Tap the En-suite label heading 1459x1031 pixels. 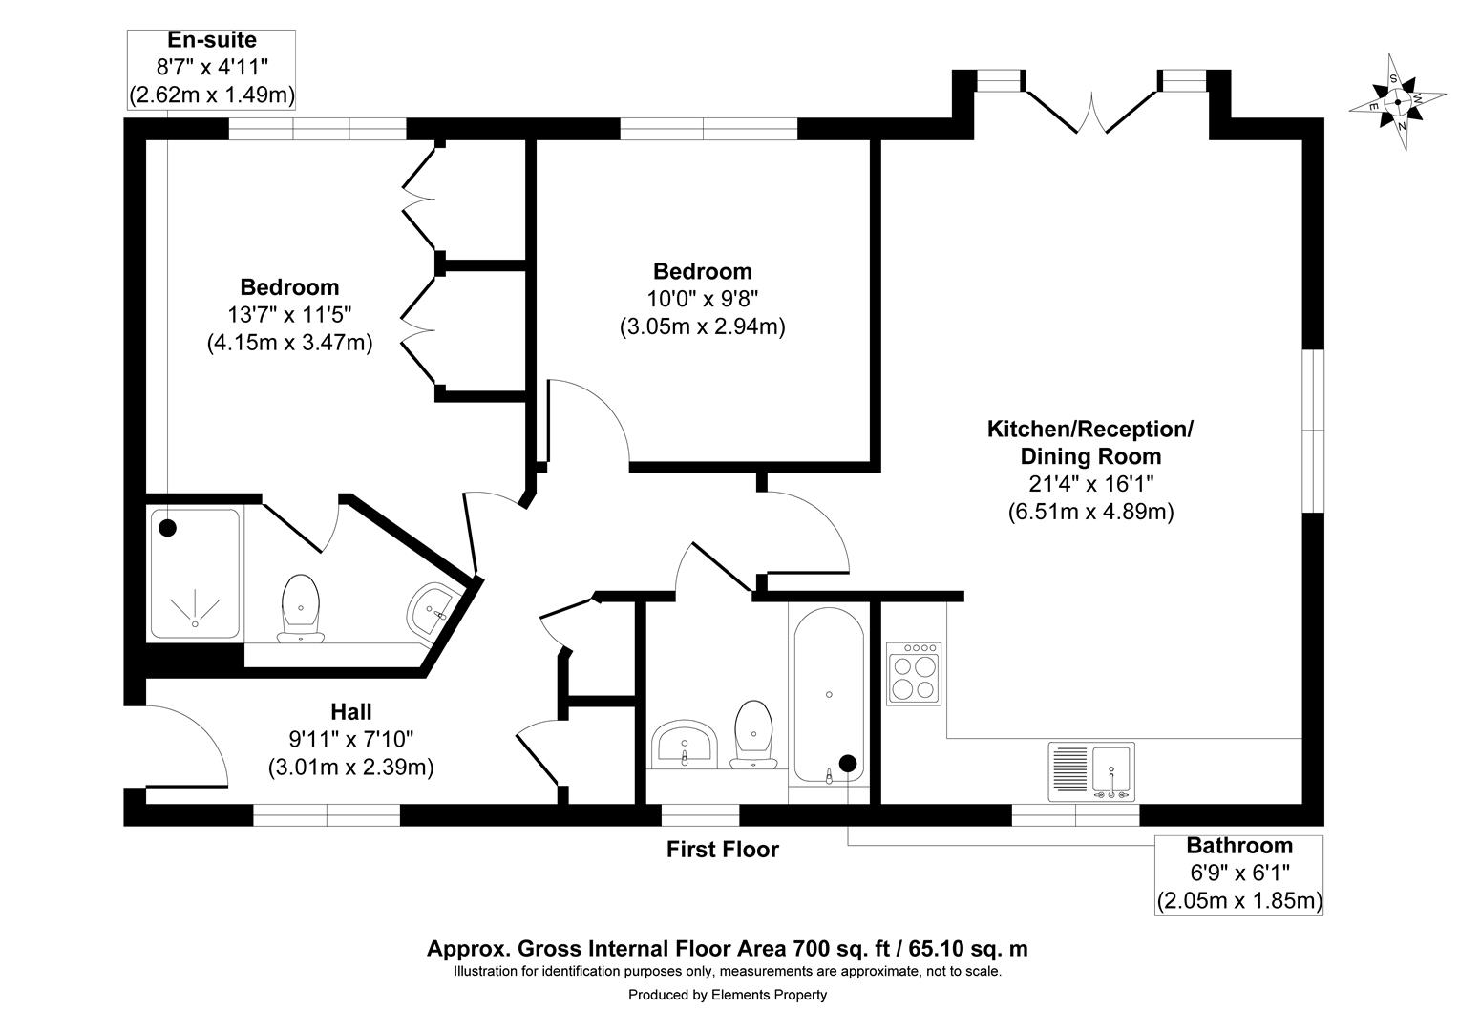[x=211, y=40]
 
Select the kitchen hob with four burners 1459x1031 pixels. [x=914, y=674]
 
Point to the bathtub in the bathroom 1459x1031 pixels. [x=829, y=695]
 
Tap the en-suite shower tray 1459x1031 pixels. [x=195, y=574]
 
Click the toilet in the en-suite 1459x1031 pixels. [x=301, y=609]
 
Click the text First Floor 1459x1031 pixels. [x=722, y=849]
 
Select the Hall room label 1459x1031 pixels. [x=350, y=711]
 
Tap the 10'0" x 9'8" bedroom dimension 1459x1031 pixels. [x=702, y=299]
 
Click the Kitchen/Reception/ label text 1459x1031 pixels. [x=1089, y=429]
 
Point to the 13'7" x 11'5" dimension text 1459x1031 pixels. [x=289, y=314]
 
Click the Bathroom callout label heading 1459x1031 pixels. [x=1238, y=846]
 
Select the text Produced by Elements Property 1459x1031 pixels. [x=727, y=995]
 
